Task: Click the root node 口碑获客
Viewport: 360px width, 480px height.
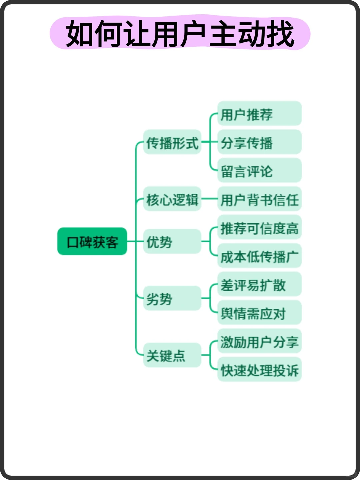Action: [x=92, y=241]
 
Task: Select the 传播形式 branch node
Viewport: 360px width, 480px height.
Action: [x=172, y=142]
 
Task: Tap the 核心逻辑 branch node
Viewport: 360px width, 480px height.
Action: [x=172, y=199]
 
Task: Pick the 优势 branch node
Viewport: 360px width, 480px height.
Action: [x=172, y=241]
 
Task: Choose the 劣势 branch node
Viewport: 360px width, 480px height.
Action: [x=172, y=298]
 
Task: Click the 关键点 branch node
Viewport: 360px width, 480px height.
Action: [x=172, y=355]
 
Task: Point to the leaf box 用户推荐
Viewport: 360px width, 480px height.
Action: [x=259, y=114]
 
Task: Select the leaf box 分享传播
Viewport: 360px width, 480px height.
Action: [x=259, y=142]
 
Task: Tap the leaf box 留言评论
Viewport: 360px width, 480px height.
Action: [x=259, y=171]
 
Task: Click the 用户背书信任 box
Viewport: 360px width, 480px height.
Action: [x=259, y=199]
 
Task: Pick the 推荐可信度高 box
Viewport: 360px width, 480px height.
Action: [x=259, y=228]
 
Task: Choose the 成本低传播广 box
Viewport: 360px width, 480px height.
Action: [x=259, y=256]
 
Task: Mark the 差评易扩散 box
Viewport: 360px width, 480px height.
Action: [x=259, y=284]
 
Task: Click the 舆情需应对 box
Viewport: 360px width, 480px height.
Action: [x=259, y=313]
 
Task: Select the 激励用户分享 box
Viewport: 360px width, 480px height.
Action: [x=259, y=341]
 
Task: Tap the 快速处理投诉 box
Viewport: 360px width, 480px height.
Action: [x=259, y=370]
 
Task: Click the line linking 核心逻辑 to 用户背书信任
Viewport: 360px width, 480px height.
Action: [x=209, y=199]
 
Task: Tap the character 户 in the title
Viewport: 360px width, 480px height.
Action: [x=193, y=33]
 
